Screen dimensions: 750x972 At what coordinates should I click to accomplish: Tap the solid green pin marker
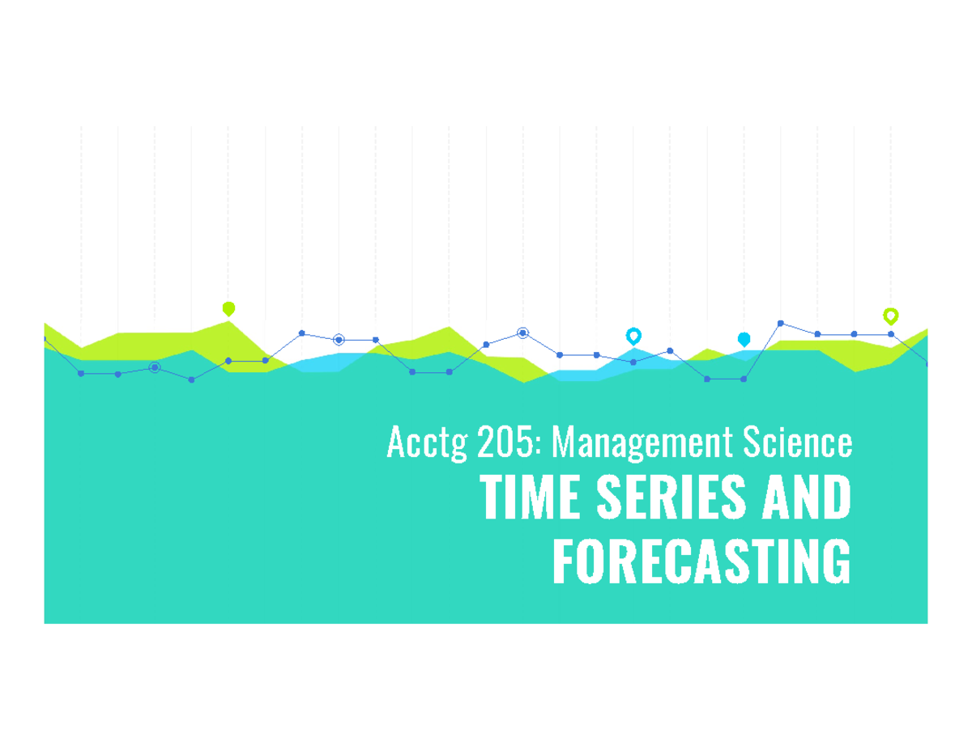click(x=228, y=308)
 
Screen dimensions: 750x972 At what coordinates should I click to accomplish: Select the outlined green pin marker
click(x=890, y=316)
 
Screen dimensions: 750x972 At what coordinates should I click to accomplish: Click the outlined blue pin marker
click(x=633, y=336)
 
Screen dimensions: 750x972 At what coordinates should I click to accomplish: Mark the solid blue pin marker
click(x=744, y=339)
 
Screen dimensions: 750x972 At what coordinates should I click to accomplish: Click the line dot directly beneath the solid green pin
click(x=228, y=361)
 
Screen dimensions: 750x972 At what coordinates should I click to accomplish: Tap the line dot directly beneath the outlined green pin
click(x=891, y=334)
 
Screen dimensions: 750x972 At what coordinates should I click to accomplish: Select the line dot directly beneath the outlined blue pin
click(x=633, y=362)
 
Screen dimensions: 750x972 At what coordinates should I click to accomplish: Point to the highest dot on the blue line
click(x=781, y=323)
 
